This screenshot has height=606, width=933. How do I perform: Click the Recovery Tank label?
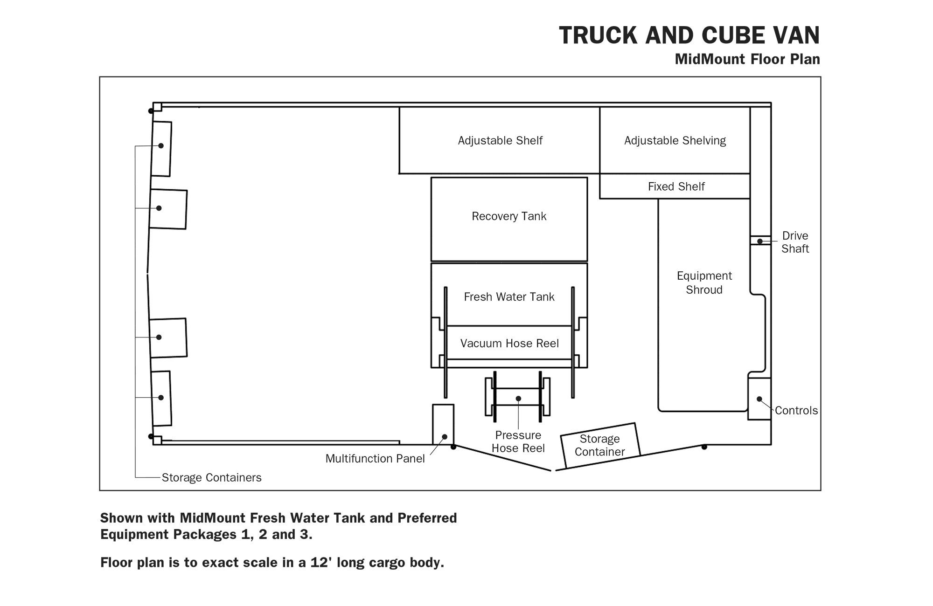pos(509,216)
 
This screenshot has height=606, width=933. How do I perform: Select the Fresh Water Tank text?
pos(509,297)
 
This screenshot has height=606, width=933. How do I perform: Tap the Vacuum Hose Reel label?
pos(509,344)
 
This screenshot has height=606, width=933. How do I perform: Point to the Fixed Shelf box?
pos(675,186)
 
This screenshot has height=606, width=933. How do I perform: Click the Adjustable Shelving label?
pos(675,141)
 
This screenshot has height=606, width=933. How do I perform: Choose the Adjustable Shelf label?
pos(500,141)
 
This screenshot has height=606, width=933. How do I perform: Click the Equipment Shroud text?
pos(704,282)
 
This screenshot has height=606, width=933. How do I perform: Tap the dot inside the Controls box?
pos(759,399)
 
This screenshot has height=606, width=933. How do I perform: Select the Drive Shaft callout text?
pos(795,242)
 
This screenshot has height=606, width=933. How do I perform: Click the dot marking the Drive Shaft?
pos(760,241)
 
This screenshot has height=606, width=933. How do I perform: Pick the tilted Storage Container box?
pos(600,446)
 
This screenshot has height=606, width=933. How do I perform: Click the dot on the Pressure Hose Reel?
pos(518,399)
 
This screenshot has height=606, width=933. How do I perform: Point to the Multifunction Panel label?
pos(375,459)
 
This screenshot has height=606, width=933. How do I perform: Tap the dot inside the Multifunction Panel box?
pos(445,437)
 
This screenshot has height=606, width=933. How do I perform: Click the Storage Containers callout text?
pos(211,478)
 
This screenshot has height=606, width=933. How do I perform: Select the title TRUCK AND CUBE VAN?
pos(689,35)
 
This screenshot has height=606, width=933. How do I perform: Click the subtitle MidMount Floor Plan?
pos(747,59)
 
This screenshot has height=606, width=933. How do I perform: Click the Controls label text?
pos(796,411)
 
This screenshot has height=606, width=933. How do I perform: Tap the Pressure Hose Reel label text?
pos(518,441)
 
